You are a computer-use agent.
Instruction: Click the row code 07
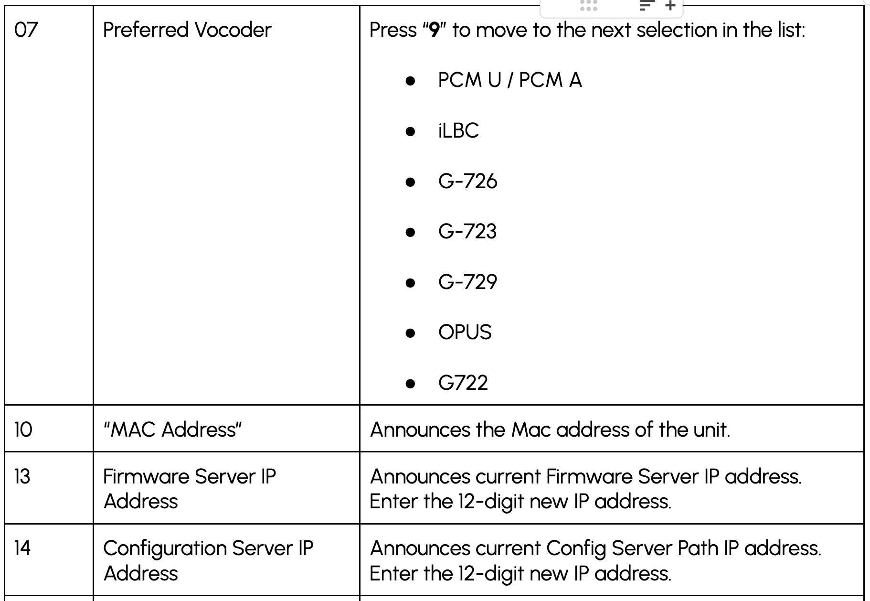click(x=26, y=30)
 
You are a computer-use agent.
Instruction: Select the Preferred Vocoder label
click(x=187, y=30)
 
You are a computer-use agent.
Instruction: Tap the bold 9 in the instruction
click(x=434, y=30)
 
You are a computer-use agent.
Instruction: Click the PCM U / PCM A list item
click(x=510, y=80)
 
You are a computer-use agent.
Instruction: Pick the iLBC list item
click(x=458, y=130)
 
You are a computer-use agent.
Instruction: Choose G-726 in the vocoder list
click(x=468, y=181)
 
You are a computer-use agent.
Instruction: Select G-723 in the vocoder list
click(x=467, y=232)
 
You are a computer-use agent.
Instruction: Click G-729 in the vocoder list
click(x=468, y=282)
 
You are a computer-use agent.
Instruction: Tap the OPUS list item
click(x=465, y=333)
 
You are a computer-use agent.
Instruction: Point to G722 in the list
click(x=463, y=383)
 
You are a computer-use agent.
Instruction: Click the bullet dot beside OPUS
click(x=410, y=333)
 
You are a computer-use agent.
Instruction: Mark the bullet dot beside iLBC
click(x=410, y=131)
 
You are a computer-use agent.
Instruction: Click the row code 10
click(x=23, y=429)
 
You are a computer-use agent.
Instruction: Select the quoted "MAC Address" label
click(x=172, y=429)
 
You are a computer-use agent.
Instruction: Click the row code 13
click(x=22, y=477)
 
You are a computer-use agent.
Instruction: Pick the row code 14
click(x=22, y=548)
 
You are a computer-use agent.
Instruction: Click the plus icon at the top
click(x=670, y=6)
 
